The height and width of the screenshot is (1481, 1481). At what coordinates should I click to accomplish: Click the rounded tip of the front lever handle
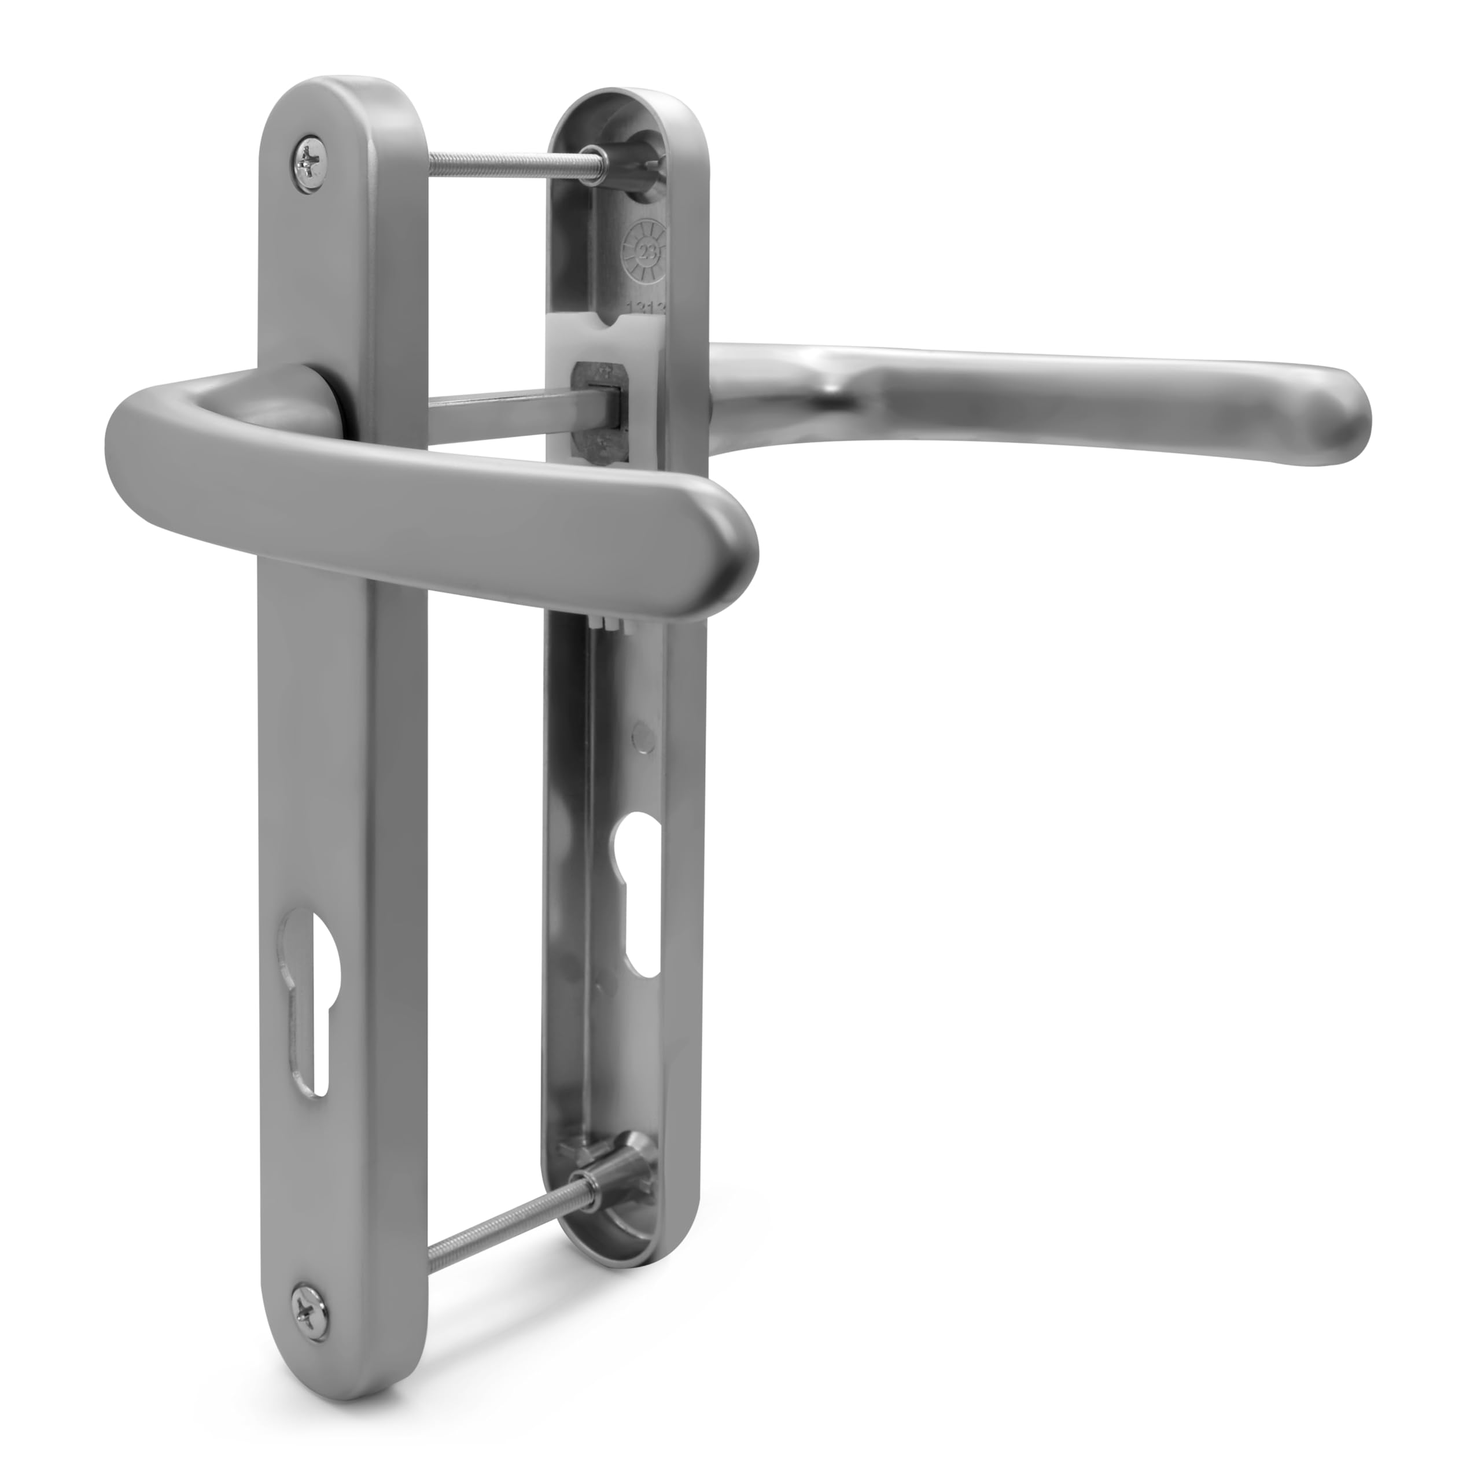click(728, 548)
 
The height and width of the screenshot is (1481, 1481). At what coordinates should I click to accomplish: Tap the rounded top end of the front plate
click(345, 96)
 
